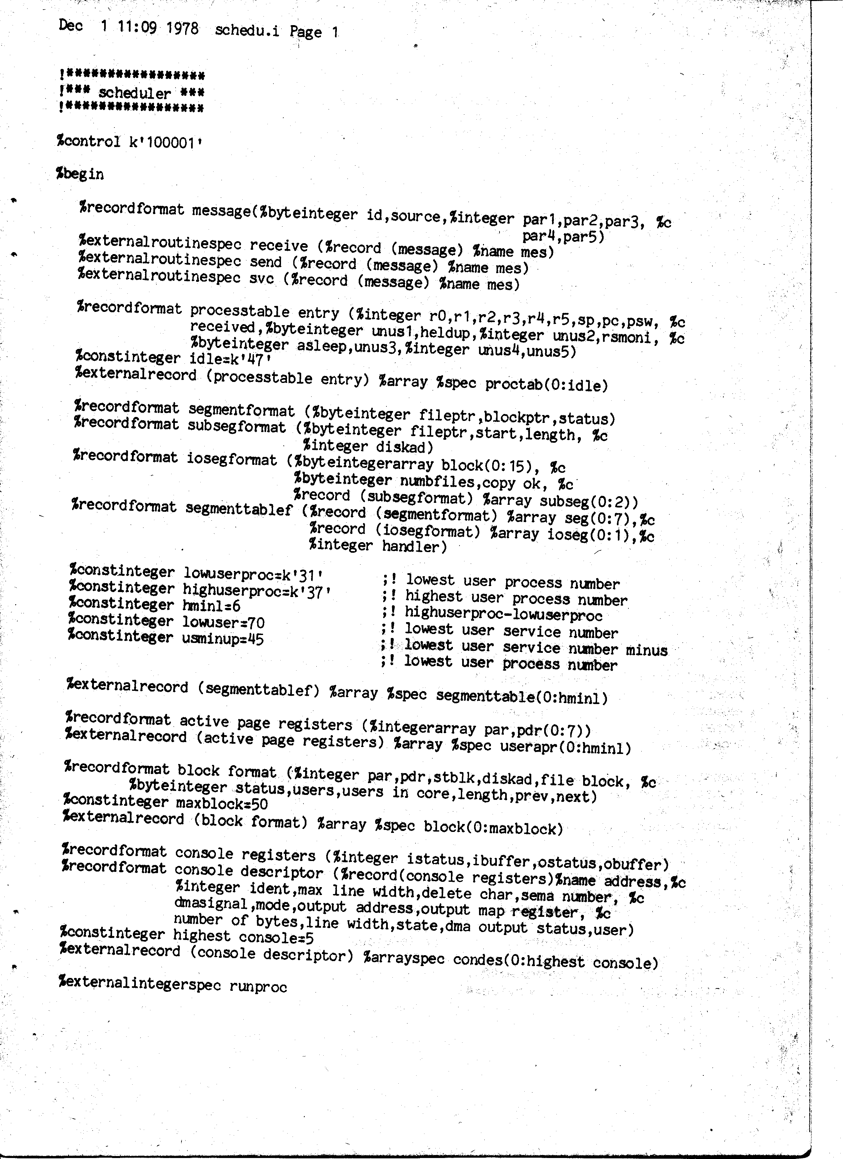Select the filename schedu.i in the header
[x=247, y=31]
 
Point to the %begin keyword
[x=80, y=174]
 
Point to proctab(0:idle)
[x=546, y=384]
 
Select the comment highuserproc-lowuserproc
[x=503, y=615]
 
